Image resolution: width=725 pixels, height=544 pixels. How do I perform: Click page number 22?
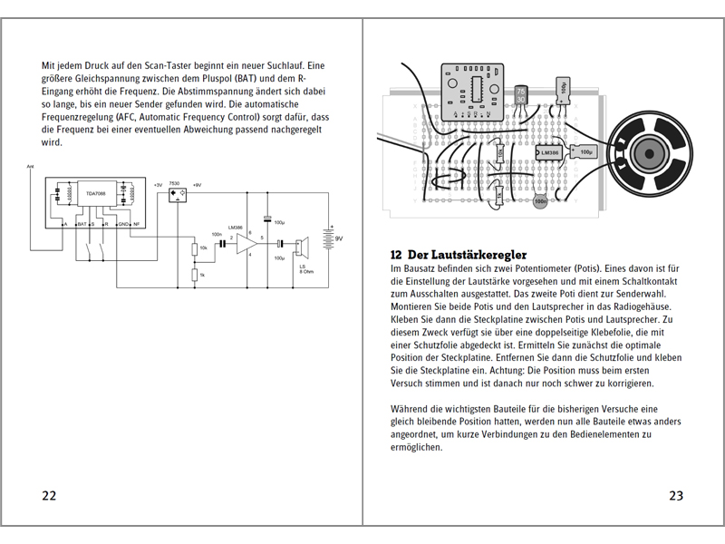[x=49, y=495]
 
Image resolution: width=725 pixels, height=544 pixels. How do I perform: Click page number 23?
[x=675, y=495]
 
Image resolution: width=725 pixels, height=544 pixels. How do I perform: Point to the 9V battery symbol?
[x=333, y=238]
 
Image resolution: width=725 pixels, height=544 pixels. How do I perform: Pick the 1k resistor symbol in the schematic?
[x=195, y=274]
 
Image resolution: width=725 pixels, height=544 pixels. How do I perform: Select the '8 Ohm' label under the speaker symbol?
[x=306, y=271]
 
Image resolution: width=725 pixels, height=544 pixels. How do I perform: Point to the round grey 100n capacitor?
[x=540, y=201]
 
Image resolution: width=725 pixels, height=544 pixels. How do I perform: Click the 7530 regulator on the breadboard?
[x=520, y=95]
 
